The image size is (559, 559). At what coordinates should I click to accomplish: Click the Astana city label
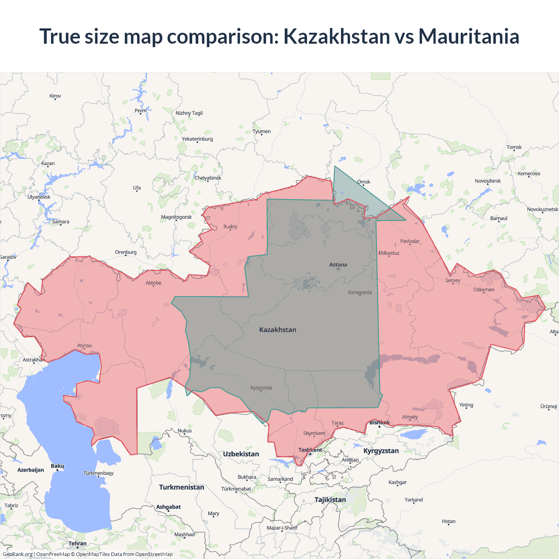pos(338,265)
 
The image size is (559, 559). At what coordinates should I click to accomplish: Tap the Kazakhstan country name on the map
pos(278,330)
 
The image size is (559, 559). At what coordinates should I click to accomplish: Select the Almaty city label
pos(410,417)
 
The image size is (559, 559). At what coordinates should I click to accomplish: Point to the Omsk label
pos(363,182)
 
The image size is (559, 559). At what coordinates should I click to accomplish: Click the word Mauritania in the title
pos(469,36)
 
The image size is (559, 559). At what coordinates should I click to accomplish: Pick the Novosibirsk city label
pos(488,181)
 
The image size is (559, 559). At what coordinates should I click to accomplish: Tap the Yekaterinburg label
pos(197,139)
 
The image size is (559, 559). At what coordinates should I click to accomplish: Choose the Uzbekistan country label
pos(241,454)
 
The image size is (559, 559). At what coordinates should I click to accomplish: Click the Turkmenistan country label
pos(182,487)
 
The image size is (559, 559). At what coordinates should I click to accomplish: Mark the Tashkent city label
pos(310,450)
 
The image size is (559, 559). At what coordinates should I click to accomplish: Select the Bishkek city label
pos(380,422)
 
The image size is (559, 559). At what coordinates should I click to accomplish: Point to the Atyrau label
pos(84,345)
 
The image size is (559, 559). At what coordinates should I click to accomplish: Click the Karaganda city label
pos(360,292)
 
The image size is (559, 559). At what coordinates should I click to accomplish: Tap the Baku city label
pos(57,466)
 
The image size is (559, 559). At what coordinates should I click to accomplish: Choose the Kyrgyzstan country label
pos(381,451)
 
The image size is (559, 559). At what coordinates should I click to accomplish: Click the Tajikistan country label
pos(330,500)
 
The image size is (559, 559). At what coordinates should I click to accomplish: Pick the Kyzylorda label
pos(261,388)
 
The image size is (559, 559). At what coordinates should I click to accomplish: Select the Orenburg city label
pos(126,252)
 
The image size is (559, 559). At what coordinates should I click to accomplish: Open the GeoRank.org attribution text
pos(17,554)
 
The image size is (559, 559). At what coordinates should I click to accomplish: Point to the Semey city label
pos(453,280)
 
